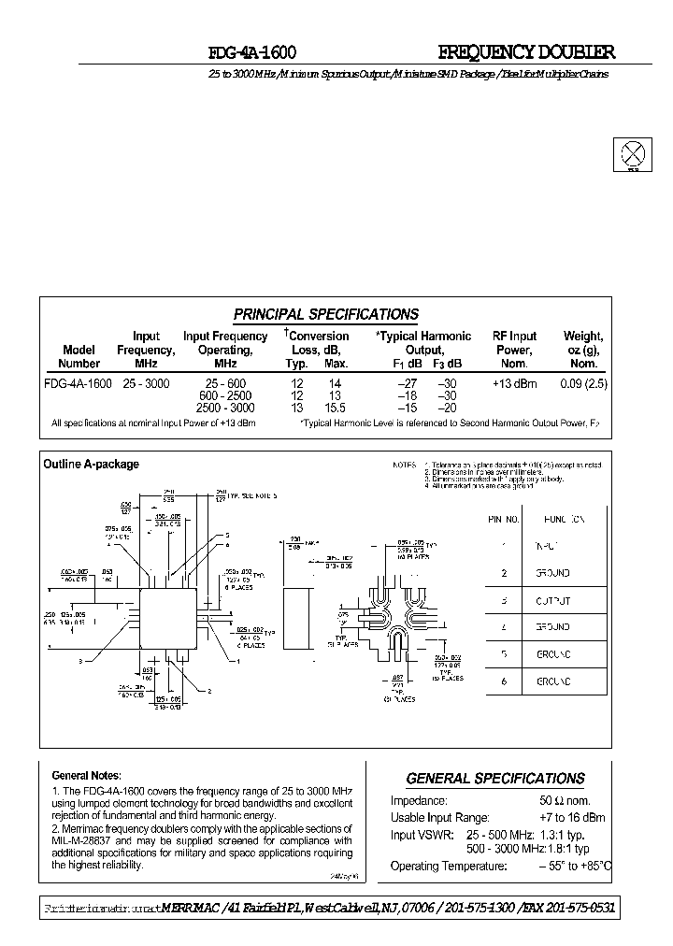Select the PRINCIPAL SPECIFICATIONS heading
(x=325, y=315)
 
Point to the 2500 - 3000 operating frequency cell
(x=225, y=408)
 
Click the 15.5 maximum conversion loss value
(x=336, y=408)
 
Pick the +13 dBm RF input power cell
(x=514, y=384)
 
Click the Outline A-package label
(x=92, y=464)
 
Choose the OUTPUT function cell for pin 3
(x=552, y=600)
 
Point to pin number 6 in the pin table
(x=504, y=682)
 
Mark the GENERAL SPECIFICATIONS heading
(x=495, y=779)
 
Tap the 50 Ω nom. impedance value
(x=565, y=801)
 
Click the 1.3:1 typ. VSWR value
(x=565, y=834)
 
